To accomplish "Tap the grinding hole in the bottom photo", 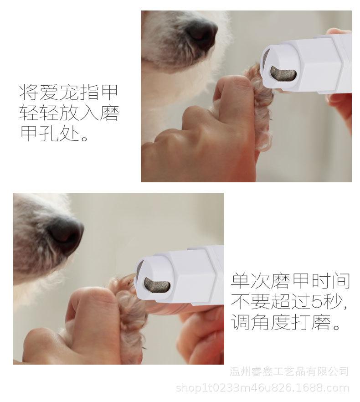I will [x=157, y=285].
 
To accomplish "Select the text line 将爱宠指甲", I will [x=68, y=92].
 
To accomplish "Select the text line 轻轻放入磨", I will [x=68, y=113].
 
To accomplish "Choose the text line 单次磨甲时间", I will [x=290, y=281].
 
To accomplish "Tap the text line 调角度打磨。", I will [x=286, y=323].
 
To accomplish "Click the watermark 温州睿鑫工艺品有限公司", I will [x=290, y=371].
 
